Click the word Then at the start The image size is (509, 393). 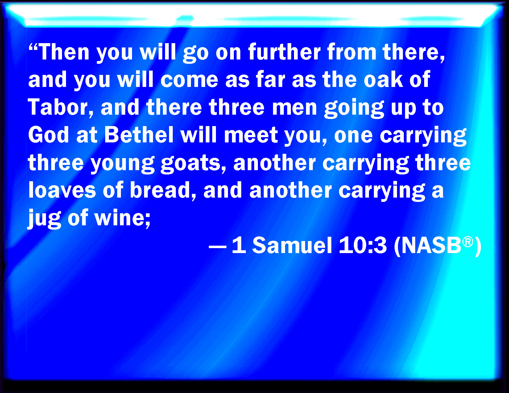pos(64,52)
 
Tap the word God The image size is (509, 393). pos(48,135)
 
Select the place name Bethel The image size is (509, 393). pos(139,135)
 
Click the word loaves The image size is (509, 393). pos(62,190)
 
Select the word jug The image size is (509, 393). pos(44,219)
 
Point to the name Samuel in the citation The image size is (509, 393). pos(292,245)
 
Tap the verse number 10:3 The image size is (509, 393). pos(362,246)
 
